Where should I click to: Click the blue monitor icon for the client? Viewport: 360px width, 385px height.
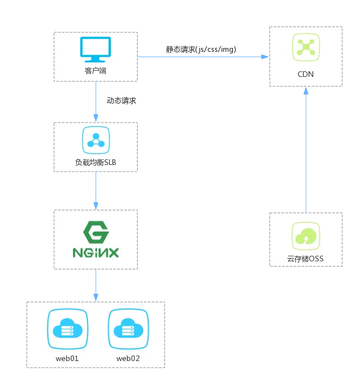coord(95,50)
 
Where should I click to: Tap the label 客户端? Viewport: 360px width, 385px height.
coord(95,71)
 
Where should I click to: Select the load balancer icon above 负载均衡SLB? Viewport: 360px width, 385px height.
coord(95,140)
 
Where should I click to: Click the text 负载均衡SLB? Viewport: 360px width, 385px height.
coord(95,162)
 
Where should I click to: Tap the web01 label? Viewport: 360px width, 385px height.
coord(67,358)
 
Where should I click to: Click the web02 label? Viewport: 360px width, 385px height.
coord(128,358)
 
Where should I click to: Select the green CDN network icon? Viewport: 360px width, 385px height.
coord(305,47)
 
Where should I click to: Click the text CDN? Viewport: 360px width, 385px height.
coord(305,73)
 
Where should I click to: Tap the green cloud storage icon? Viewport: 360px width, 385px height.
coord(305,236)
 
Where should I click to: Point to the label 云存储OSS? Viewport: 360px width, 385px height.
coord(305,259)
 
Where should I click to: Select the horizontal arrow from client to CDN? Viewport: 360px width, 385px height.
coord(203,56)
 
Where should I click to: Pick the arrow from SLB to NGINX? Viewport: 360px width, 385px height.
coord(96,191)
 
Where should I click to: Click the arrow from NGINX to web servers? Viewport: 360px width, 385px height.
coord(96,285)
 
